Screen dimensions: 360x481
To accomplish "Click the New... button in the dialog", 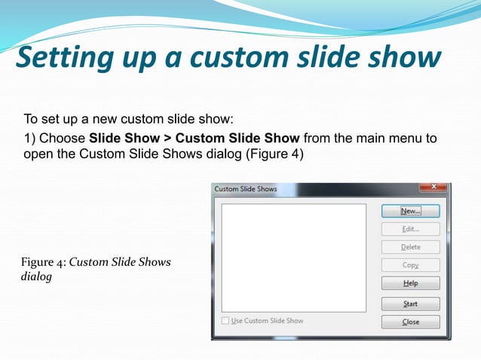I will tap(410, 212).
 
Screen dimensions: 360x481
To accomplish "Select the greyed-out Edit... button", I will tap(410, 229).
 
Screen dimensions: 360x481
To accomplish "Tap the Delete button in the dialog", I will tap(410, 247).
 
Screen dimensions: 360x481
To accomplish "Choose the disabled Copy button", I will tap(410, 265).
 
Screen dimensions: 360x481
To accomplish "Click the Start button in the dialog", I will tap(410, 304).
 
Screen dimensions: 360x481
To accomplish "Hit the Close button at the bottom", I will tap(410, 322).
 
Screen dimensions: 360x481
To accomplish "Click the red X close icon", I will tap(434, 187).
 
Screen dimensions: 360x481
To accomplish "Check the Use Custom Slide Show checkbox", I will tap(225, 321).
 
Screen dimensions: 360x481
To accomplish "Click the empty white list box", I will tap(293, 257).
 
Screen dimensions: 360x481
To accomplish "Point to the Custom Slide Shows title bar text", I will tap(246, 189).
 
